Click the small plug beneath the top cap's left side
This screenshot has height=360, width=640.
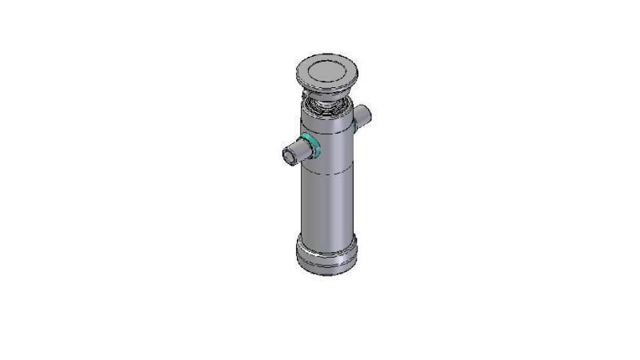(x=302, y=94)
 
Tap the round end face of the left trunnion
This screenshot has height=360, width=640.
(x=289, y=154)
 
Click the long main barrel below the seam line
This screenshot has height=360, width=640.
(x=327, y=200)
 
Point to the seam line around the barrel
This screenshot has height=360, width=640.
(x=327, y=170)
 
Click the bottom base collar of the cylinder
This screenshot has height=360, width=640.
(x=327, y=254)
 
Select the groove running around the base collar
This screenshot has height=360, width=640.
(x=327, y=258)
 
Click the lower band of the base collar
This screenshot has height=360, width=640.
(x=327, y=266)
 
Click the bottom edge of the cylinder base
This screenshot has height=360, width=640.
(x=327, y=274)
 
